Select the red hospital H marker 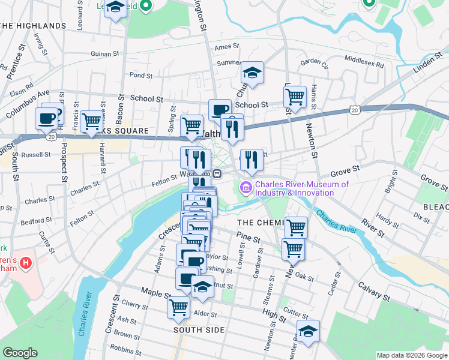(26, 263)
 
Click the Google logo (20, 353)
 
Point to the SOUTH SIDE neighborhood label (199, 330)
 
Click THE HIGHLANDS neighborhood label (33, 26)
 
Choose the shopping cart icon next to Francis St (91, 121)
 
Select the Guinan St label (105, 53)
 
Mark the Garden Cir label (315, 61)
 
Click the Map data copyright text (411, 355)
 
